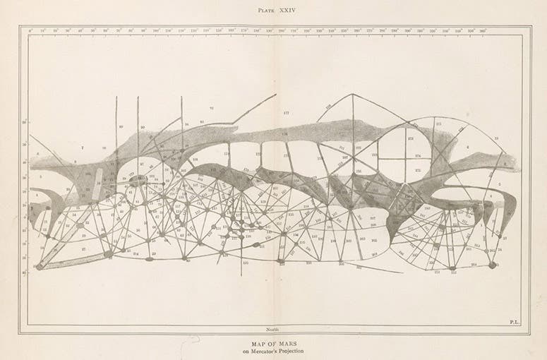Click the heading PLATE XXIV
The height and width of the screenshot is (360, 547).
point(273,9)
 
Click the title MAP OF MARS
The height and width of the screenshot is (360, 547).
point(273,344)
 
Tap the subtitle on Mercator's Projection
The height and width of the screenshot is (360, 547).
point(273,352)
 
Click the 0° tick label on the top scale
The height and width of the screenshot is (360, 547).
point(30,31)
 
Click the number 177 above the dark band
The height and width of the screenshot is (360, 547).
point(286,113)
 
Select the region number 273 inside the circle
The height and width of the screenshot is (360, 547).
point(409,138)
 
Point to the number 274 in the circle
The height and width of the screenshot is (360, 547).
point(417,155)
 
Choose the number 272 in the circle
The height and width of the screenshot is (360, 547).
point(417,170)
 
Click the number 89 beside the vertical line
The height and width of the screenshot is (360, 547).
point(121,127)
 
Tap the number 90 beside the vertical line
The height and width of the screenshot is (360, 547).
point(143,128)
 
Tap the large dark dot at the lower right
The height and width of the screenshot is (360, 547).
point(492,265)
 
